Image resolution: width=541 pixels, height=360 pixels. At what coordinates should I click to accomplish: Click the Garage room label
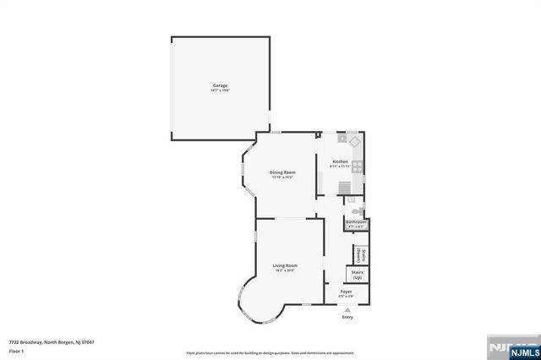(220, 85)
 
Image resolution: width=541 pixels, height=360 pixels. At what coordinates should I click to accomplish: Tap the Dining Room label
(282, 172)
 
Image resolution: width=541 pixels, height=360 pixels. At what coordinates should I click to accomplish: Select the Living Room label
(285, 265)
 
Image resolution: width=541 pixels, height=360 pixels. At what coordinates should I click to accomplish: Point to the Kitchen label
(340, 161)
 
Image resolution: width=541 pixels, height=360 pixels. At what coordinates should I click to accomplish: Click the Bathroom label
(356, 222)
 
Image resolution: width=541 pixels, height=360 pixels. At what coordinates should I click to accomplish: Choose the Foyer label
(347, 292)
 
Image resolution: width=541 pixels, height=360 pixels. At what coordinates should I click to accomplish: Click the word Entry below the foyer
(347, 318)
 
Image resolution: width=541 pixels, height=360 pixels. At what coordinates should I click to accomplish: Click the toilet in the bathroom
(358, 210)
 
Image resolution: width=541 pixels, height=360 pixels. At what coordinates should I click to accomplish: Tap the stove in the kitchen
(358, 166)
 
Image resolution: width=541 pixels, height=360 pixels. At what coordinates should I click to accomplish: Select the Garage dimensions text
(220, 90)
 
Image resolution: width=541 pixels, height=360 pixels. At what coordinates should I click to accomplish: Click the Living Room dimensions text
(285, 270)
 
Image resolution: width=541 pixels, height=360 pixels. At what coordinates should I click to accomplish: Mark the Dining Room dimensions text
(282, 177)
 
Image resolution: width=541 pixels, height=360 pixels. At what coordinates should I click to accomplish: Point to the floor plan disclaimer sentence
(270, 352)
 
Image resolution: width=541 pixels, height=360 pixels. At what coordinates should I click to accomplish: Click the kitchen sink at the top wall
(342, 136)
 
